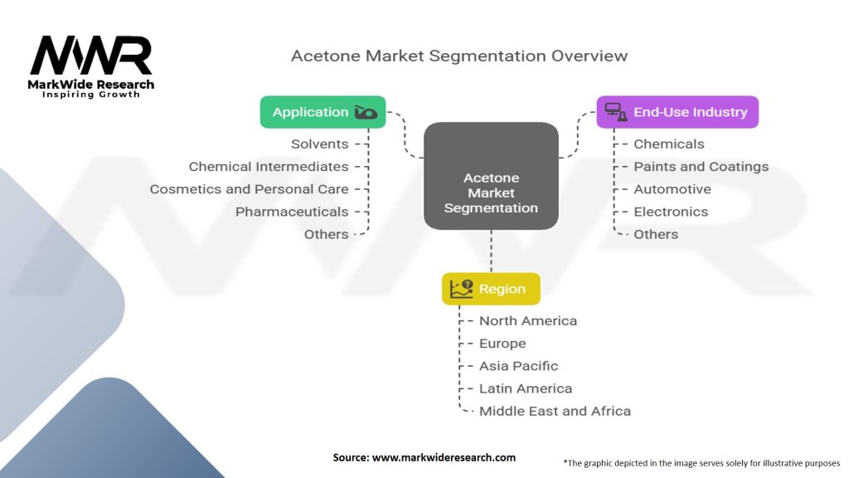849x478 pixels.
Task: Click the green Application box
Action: (323, 112)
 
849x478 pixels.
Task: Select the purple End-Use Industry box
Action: (677, 112)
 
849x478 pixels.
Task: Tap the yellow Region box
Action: (491, 289)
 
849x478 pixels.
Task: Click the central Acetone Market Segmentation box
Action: (491, 176)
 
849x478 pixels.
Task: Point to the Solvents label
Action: (319, 144)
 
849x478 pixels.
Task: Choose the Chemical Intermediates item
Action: (269, 166)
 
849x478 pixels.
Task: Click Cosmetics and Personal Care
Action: (249, 189)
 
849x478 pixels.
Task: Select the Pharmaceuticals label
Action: (292, 212)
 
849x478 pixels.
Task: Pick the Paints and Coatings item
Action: (701, 166)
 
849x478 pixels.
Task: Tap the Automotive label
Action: (672, 189)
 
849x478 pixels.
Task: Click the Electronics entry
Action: (671, 212)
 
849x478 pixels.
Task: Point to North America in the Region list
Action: (528, 321)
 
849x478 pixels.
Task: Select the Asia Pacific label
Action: (518, 366)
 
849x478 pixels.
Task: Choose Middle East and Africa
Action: (555, 411)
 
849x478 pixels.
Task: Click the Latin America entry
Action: (525, 388)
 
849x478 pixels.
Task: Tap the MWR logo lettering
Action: (91, 56)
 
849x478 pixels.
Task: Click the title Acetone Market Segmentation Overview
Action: (459, 56)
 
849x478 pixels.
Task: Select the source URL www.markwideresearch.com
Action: (444, 457)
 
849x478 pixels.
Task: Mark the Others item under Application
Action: (326, 234)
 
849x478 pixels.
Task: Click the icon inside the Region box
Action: (461, 289)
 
